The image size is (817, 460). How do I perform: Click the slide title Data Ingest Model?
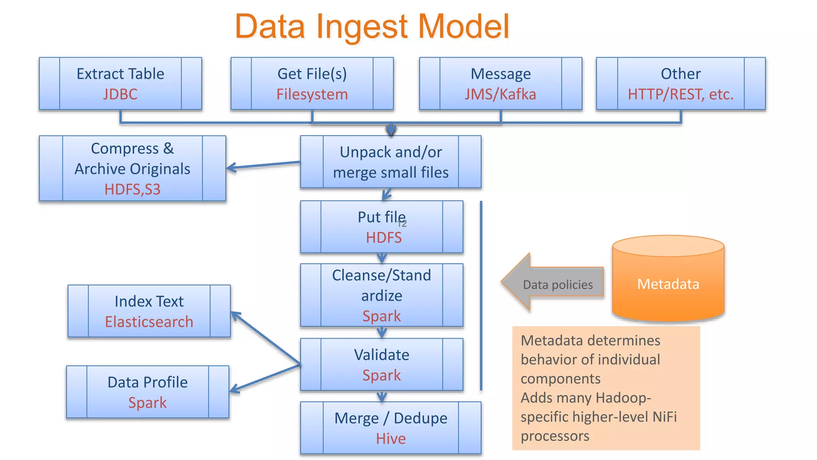coord(372,26)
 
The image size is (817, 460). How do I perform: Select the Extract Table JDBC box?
coord(120,83)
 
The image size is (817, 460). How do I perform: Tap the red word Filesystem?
coord(312,95)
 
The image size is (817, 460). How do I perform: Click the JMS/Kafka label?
coord(500,95)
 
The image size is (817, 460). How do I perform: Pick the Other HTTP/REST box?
coord(681,83)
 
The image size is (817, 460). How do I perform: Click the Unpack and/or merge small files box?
coord(391,162)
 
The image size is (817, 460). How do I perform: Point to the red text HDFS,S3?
coord(132,189)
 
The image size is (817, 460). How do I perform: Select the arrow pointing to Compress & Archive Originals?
coord(263,165)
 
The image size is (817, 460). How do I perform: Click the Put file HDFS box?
coord(381,227)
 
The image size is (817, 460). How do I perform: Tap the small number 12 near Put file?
coord(402,224)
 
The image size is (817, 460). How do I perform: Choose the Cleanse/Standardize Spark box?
coord(381,295)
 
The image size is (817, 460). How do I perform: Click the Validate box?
coord(381,364)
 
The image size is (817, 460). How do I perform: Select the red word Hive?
coord(391,439)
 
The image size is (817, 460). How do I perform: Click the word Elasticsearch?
coord(149,322)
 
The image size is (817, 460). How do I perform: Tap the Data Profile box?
coord(147,392)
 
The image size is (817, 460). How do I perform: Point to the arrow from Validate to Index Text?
coord(265,338)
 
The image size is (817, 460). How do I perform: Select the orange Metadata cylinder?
coord(668,280)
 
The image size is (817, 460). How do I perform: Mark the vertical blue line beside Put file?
coord(481,295)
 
